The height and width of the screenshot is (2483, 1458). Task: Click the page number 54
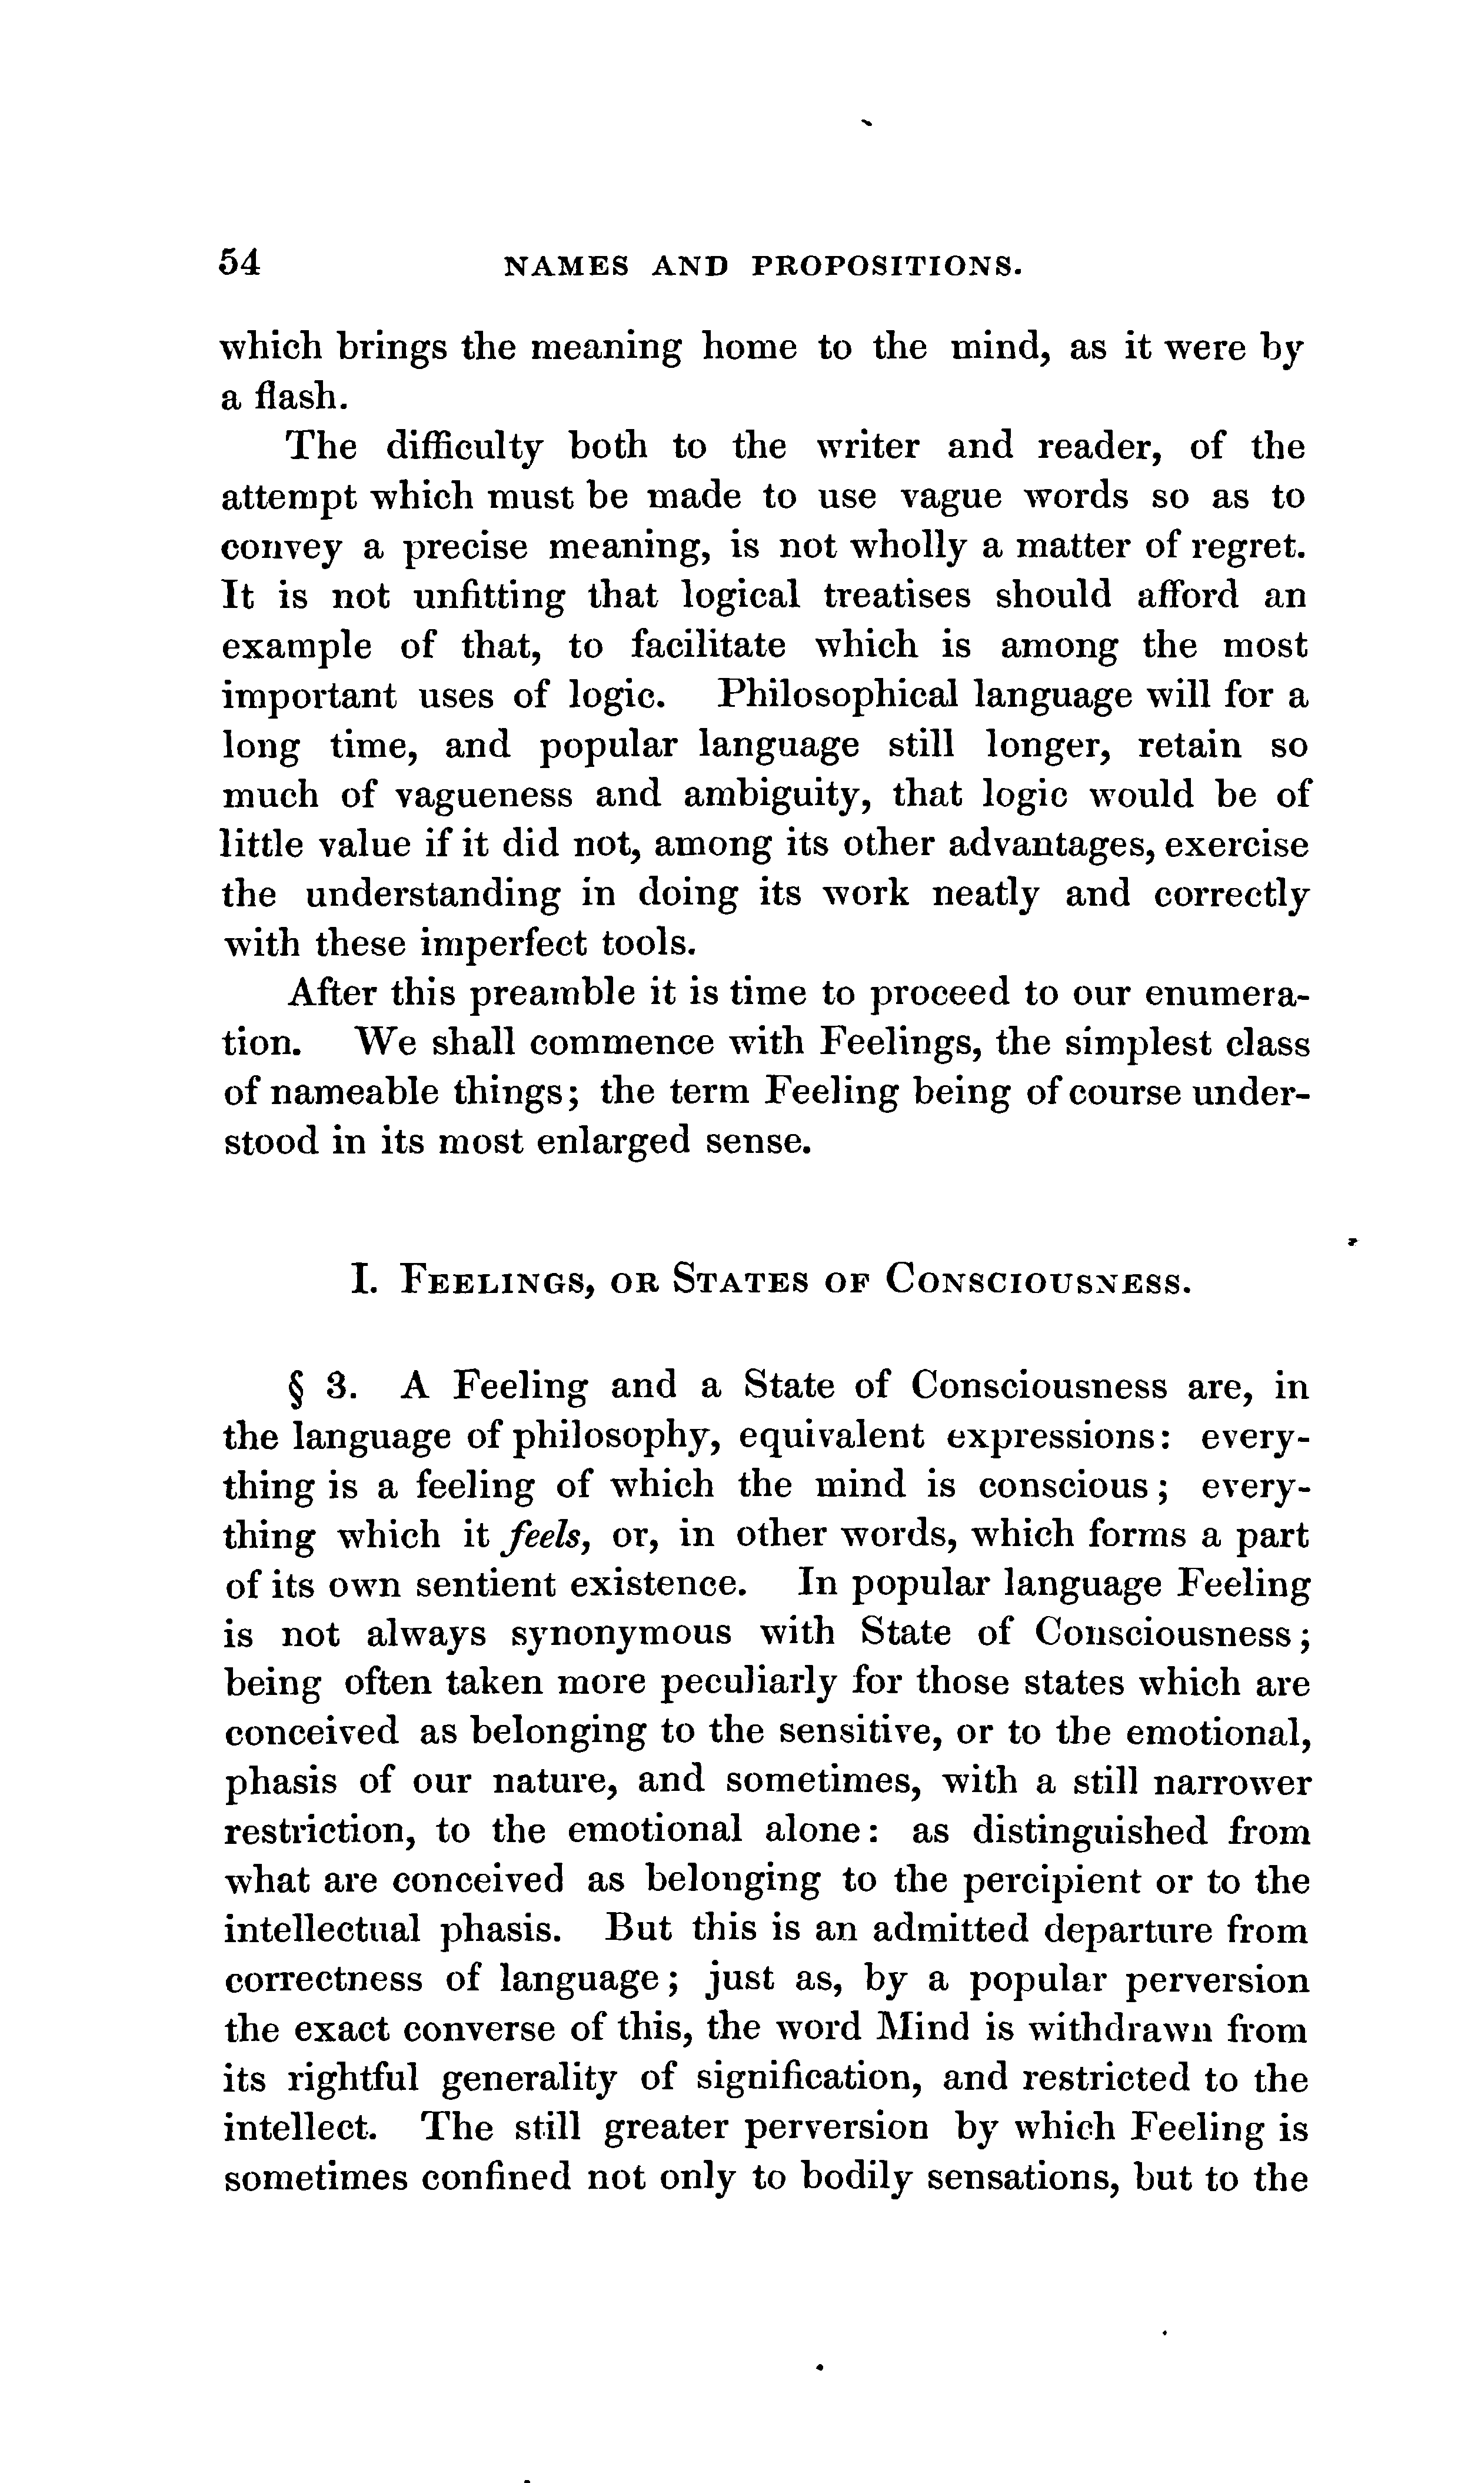pos(241,262)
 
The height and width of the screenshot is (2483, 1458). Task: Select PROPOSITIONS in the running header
pos(884,266)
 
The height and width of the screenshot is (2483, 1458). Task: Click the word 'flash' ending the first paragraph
pos(299,397)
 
